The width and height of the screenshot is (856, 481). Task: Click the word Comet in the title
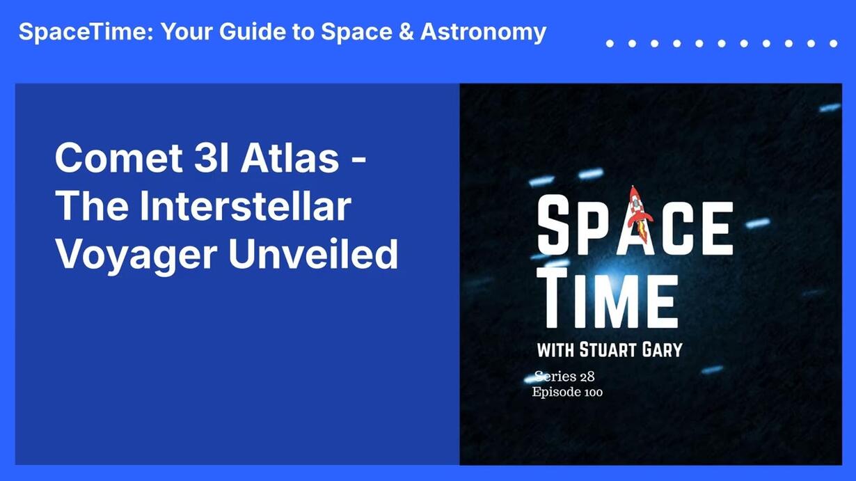click(119, 158)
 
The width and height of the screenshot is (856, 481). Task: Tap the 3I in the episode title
click(212, 158)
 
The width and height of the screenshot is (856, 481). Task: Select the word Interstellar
click(246, 206)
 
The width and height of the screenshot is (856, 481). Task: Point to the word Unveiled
click(313, 254)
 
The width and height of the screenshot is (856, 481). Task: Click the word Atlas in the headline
click(290, 158)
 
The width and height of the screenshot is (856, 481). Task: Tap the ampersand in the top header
click(406, 32)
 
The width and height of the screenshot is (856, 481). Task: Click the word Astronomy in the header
click(484, 33)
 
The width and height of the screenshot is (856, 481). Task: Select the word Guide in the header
click(252, 32)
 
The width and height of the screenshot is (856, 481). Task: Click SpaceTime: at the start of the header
click(86, 33)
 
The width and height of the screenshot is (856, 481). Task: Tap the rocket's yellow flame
click(641, 232)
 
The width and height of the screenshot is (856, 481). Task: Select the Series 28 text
click(564, 377)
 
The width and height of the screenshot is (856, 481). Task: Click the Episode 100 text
click(567, 393)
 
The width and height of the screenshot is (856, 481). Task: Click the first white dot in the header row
click(610, 44)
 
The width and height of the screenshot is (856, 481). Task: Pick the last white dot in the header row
click(834, 44)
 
